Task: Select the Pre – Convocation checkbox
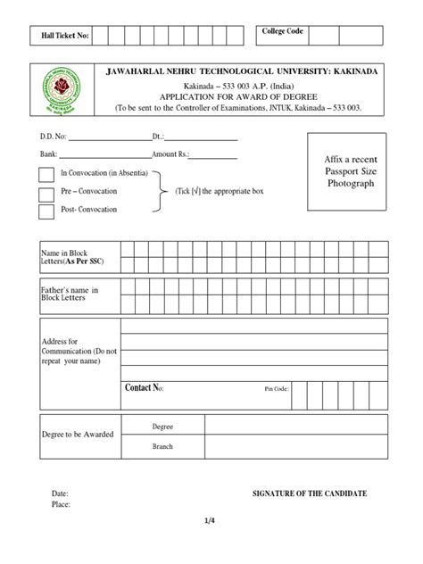pos(46,194)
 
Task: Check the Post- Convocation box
pos(46,211)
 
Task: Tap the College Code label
pos(282,32)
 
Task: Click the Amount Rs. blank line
pos(211,156)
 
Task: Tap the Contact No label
pos(144,388)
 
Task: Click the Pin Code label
pos(278,389)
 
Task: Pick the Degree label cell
pos(162,427)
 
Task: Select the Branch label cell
pos(162,446)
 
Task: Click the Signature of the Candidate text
pos(310,493)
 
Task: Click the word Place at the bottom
pos(61,504)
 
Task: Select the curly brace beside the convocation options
pos(162,193)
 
